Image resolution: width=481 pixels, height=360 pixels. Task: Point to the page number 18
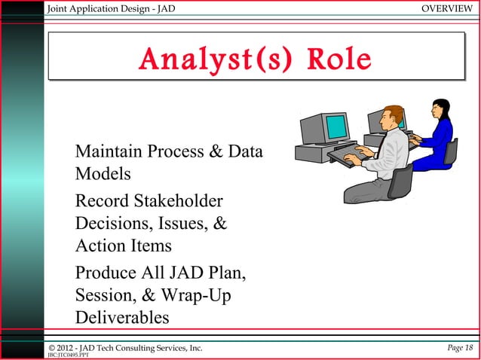click(469, 347)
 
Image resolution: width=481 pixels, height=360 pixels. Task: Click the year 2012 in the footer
click(66, 347)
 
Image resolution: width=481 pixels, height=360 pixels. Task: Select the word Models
click(103, 174)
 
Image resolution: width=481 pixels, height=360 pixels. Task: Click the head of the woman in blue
click(440, 108)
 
